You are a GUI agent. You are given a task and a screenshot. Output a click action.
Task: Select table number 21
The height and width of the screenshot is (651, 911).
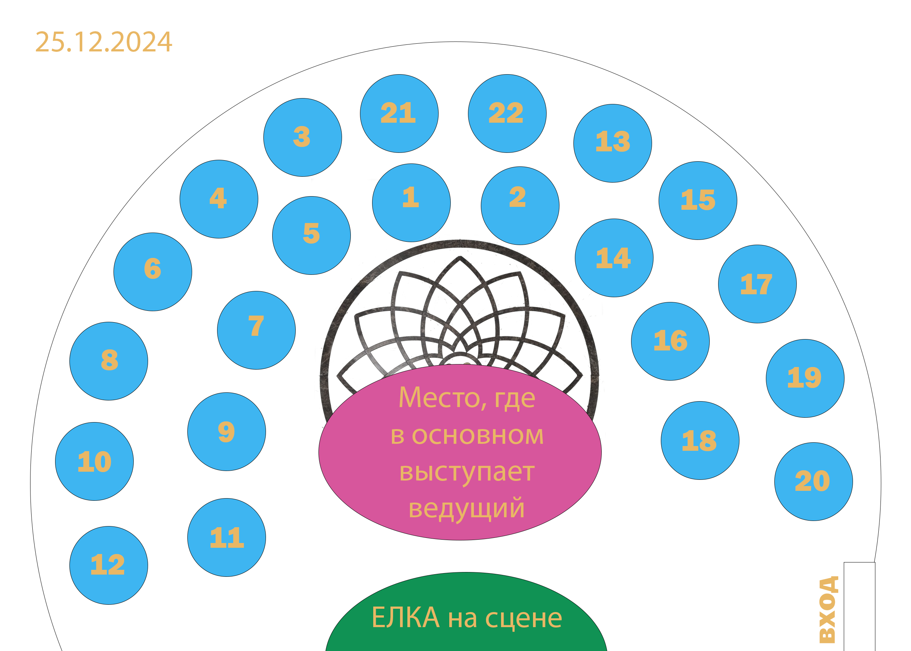(399, 114)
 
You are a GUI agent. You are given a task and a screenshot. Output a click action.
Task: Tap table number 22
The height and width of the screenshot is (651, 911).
(507, 114)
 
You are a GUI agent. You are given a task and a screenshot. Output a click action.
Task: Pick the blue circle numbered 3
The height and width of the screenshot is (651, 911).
(303, 137)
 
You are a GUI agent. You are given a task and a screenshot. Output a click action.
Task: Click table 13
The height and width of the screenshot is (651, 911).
(612, 144)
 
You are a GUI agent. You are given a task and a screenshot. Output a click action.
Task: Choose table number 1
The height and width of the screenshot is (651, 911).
(411, 203)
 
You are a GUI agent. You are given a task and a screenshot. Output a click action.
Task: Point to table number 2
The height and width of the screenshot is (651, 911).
(520, 206)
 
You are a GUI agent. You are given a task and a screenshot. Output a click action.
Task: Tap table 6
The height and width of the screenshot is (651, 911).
(153, 272)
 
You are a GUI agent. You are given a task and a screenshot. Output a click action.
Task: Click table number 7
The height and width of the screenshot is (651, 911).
(256, 330)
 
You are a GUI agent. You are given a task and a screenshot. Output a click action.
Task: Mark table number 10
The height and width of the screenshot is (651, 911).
(94, 461)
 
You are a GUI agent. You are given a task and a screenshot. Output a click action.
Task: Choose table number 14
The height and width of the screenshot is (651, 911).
(614, 258)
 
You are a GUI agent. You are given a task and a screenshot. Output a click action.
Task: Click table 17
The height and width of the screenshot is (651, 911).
(757, 284)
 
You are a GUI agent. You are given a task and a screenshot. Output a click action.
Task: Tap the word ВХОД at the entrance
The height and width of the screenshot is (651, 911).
(828, 609)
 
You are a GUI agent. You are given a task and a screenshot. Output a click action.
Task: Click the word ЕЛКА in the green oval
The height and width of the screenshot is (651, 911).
(405, 618)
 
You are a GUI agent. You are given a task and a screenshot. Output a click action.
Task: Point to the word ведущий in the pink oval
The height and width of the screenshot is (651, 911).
(467, 508)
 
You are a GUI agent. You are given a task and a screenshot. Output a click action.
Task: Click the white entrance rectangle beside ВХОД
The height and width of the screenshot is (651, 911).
(859, 607)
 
